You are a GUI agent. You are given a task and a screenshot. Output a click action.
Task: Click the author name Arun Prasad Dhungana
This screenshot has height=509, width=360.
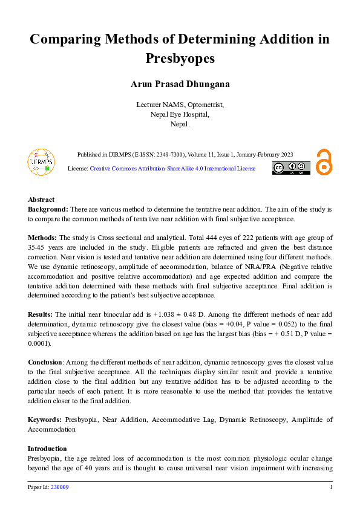point(180,84)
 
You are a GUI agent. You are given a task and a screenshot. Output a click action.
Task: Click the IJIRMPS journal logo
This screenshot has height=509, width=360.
point(41,161)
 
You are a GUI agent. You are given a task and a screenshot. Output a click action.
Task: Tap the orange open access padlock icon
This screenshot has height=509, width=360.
point(324,162)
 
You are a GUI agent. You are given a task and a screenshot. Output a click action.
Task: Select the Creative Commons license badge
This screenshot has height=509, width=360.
point(291,168)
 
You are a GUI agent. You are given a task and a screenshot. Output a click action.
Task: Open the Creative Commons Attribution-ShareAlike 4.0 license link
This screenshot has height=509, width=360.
point(172,169)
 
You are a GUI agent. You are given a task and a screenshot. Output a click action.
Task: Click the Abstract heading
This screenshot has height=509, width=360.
point(41,199)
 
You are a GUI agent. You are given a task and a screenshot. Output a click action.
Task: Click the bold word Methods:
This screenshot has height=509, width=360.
point(42,238)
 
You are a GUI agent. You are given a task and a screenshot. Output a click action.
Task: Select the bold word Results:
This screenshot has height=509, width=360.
point(41,315)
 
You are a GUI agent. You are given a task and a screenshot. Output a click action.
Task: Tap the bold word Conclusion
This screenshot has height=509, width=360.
point(45,363)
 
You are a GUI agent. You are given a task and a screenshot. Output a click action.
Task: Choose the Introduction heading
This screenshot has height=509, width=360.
point(47,449)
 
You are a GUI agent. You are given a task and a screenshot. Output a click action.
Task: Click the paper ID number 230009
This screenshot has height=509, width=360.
point(59,487)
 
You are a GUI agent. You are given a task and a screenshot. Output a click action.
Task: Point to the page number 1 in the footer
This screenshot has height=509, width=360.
point(331,487)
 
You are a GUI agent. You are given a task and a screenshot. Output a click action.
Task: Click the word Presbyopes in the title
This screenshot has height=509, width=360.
point(180,59)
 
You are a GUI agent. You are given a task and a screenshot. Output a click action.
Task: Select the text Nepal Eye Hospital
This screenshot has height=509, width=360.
point(180,114)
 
